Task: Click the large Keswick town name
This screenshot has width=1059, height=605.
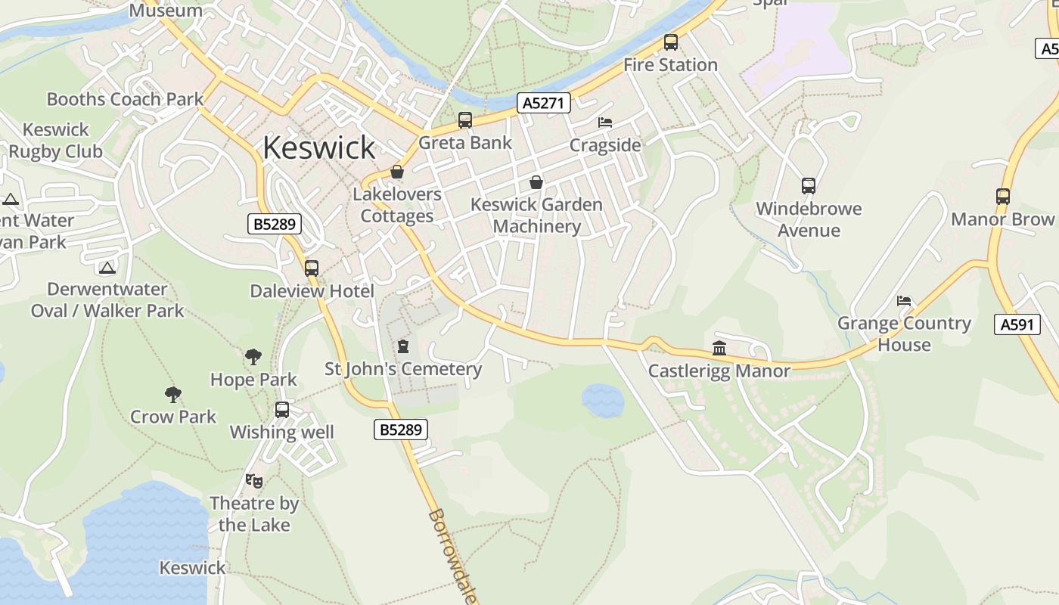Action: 318,147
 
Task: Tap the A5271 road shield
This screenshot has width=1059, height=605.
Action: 543,103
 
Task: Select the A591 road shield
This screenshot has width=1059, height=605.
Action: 1017,325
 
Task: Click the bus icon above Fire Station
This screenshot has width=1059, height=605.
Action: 670,42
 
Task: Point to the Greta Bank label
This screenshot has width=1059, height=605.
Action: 464,143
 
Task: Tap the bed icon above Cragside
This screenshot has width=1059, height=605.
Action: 604,123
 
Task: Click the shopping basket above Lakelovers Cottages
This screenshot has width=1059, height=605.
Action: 397,172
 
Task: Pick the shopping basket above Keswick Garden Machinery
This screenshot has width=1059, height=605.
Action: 536,182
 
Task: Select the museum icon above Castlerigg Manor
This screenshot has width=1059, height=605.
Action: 719,349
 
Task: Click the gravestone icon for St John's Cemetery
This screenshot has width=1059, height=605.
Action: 403,346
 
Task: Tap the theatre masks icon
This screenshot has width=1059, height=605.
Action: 254,480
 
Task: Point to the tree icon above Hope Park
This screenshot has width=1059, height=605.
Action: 253,357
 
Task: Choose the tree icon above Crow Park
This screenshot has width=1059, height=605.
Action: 173,394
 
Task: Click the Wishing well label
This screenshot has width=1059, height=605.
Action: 281,433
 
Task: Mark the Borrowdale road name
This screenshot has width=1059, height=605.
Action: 452,557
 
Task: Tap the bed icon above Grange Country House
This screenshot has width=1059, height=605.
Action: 904,301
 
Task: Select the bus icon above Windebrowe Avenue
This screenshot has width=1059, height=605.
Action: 808,186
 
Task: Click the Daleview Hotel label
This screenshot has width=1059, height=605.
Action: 312,291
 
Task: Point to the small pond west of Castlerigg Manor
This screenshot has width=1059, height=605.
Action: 603,400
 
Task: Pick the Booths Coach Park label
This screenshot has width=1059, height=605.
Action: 126,99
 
